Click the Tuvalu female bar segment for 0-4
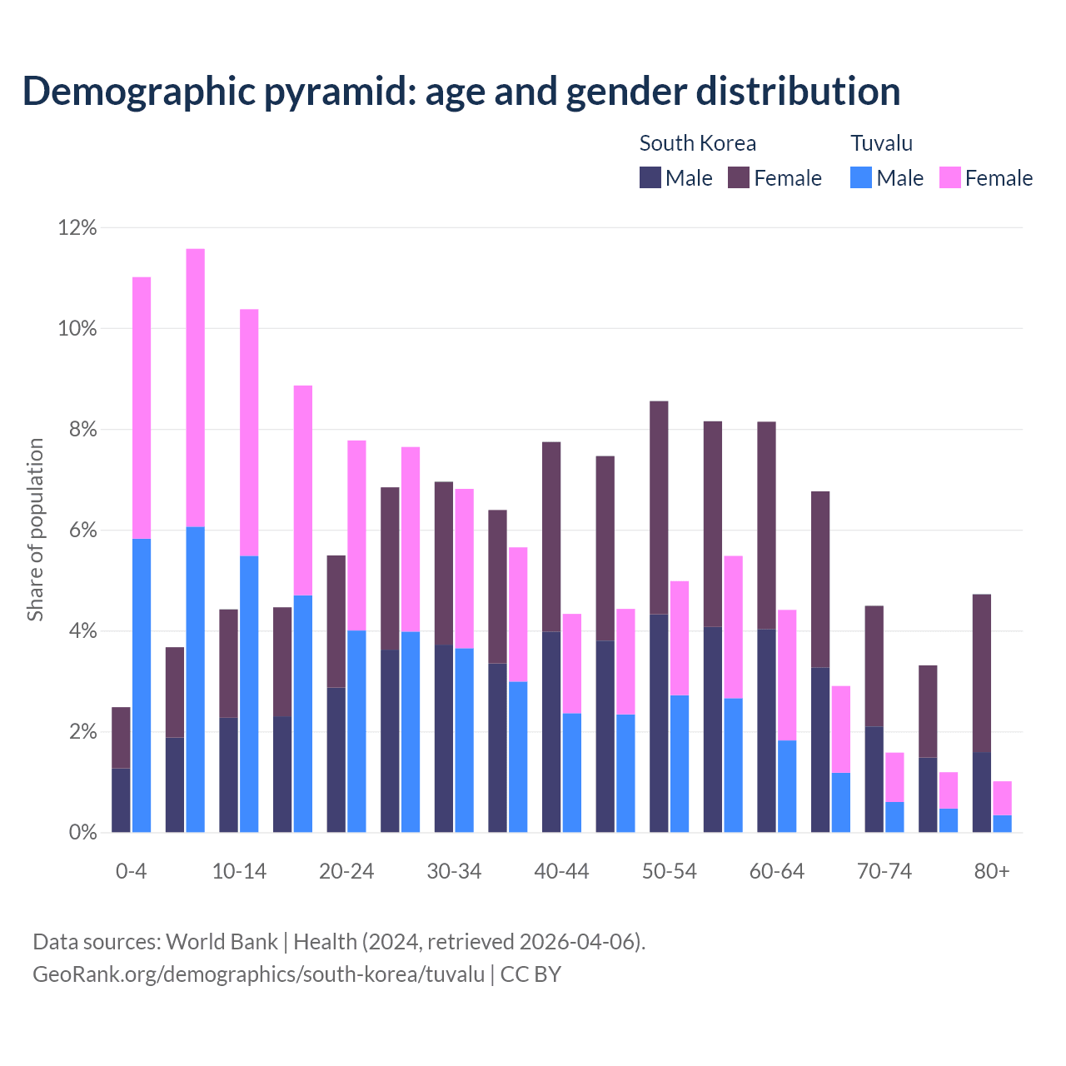pos(142,407)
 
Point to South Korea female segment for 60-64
pos(766,526)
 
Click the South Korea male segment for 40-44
pos(551,731)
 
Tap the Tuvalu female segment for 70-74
pos(894,777)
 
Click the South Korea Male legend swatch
pos(650,177)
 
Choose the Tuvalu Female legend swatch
pos(950,177)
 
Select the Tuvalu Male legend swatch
pos(861,177)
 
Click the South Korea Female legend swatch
pos(739,177)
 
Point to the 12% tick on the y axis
pos(77,227)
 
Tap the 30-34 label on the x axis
pos(454,871)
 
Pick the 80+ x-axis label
pos(992,871)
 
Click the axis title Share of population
pos(35,530)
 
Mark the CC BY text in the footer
pos(531,974)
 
